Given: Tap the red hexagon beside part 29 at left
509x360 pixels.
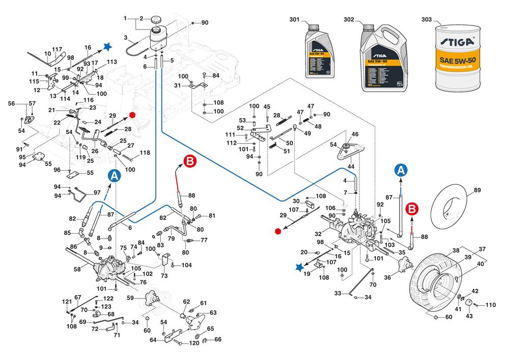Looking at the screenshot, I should (132, 115).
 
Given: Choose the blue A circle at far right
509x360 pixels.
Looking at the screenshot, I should (401, 170).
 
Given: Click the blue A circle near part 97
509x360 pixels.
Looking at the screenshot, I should (115, 176).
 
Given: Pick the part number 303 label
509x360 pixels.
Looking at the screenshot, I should (427, 20).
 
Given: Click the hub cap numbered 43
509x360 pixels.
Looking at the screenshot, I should (468, 303).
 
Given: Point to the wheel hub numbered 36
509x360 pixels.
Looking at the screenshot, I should (405, 264).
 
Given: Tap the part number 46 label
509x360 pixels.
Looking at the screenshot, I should (355, 133).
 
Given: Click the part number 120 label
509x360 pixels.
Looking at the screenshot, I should (194, 343).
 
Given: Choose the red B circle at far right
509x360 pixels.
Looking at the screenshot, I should (413, 209).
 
